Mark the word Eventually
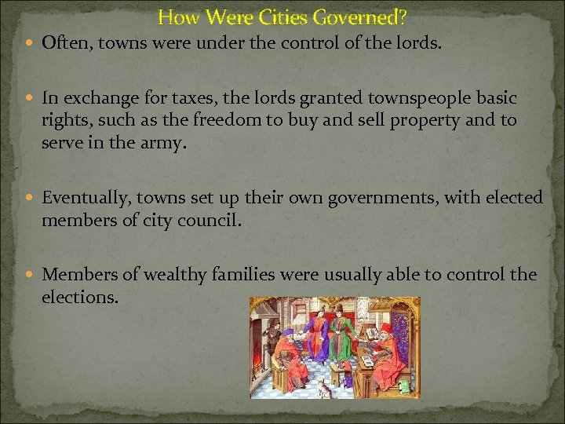click(84, 199)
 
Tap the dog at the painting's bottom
click(323, 387)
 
